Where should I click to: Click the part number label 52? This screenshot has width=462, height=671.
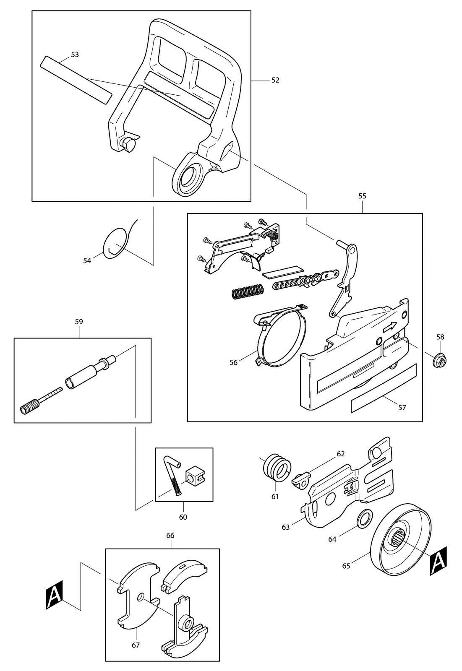[x=275, y=80]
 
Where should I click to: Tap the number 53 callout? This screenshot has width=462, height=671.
[x=75, y=55]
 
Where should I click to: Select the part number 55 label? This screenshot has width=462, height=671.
[x=362, y=196]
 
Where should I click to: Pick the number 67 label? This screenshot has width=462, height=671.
[x=136, y=645]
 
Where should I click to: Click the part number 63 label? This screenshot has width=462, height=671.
[x=286, y=527]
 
